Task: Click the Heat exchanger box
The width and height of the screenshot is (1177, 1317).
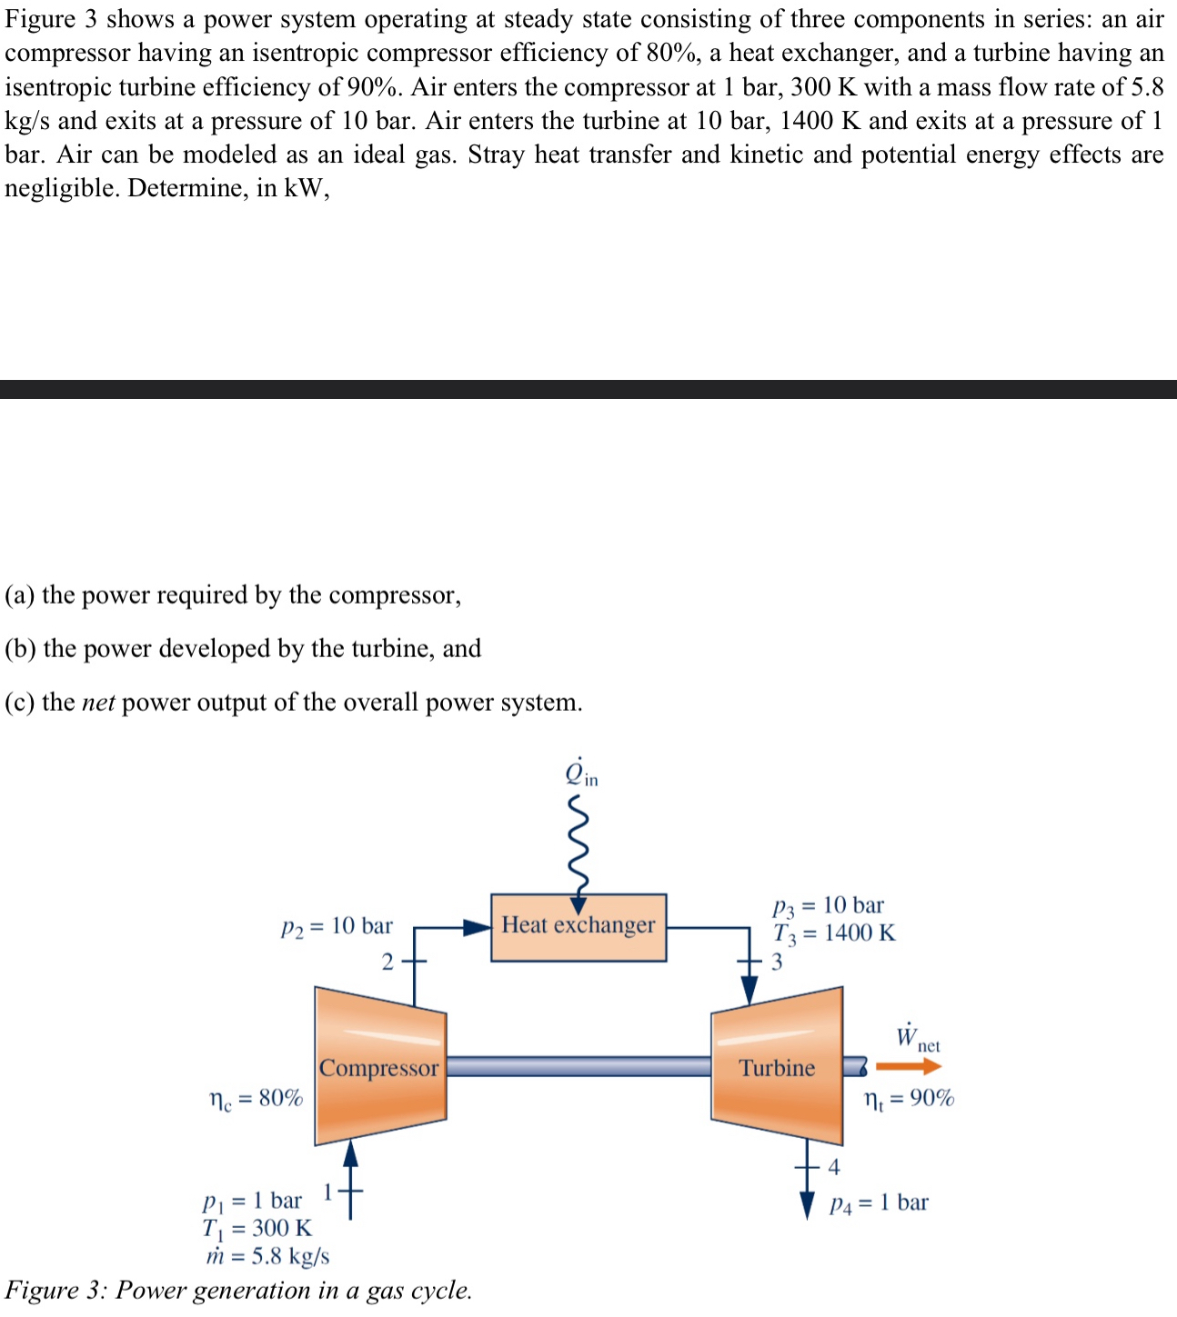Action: click(x=578, y=927)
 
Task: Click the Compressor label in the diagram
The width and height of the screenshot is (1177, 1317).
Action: click(x=378, y=1068)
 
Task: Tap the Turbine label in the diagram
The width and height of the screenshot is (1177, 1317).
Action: click(x=777, y=1068)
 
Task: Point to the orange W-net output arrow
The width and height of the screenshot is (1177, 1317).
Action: click(x=908, y=1067)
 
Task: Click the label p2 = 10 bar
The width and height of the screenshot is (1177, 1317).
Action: click(x=337, y=926)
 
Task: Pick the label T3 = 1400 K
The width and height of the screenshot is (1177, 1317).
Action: click(x=834, y=933)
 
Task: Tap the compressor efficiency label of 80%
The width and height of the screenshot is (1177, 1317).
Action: click(x=256, y=1098)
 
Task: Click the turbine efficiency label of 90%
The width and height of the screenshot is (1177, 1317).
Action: click(x=909, y=1098)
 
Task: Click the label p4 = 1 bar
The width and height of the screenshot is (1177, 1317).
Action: click(x=879, y=1202)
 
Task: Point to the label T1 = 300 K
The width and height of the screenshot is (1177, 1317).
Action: click(x=257, y=1228)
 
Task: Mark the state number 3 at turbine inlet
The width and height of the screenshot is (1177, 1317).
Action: click(x=777, y=962)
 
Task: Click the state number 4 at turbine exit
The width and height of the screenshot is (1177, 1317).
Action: click(x=834, y=1167)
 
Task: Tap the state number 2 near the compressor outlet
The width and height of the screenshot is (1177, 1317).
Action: click(x=387, y=962)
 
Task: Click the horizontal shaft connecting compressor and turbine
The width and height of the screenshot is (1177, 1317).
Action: click(x=578, y=1066)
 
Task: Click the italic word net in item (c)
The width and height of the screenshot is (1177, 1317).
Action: click(x=98, y=703)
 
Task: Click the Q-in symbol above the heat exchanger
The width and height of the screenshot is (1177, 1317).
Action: click(x=580, y=773)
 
